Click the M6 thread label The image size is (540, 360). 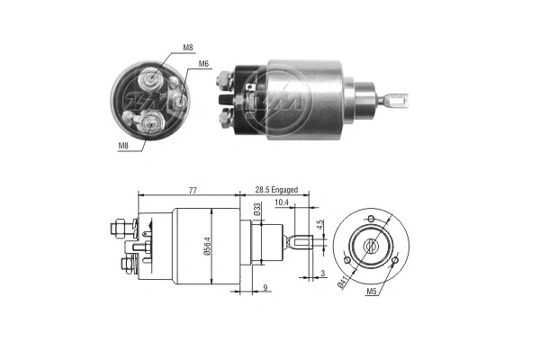tap(204, 64)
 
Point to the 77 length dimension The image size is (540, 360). tap(193, 191)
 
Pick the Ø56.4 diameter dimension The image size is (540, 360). tap(209, 245)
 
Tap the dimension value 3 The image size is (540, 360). tap(320, 273)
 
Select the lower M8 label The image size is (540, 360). tap(121, 144)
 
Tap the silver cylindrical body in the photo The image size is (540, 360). tap(306, 99)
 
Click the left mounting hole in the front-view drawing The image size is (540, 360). tap(347, 261)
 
